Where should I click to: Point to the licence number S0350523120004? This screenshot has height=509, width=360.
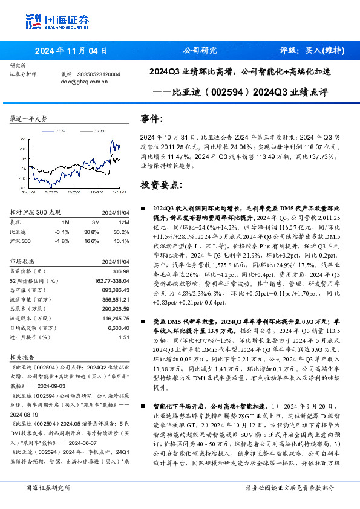pos(99,74)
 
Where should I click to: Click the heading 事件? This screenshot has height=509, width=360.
pos(151,118)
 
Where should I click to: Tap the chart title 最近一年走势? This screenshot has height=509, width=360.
pos(28,118)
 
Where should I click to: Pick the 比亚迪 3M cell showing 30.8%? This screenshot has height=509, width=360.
pos(91,232)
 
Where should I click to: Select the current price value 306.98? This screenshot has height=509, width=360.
pos(121,272)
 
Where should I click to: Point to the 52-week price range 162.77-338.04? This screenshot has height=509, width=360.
pos(112,280)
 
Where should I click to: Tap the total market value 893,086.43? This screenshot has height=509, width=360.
pos(116,289)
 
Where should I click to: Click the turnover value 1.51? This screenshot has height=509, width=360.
pos(124,337)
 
